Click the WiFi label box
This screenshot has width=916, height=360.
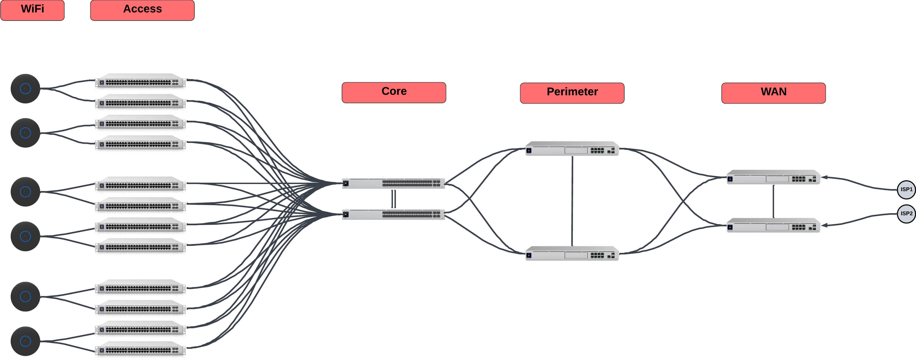coord(32,10)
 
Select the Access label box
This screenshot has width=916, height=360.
coord(142,10)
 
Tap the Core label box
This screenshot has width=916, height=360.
coord(394,92)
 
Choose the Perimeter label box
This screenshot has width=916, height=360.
coord(572,93)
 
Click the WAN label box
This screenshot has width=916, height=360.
coord(774,93)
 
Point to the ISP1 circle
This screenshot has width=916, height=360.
coord(906,190)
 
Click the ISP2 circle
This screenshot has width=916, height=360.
coord(906,213)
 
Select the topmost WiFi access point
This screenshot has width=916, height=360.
coord(25,89)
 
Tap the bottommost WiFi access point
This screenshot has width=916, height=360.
coord(25,341)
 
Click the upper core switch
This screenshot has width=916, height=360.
coord(393,183)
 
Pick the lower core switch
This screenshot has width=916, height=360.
coord(393,214)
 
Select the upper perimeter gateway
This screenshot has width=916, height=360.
coord(572,149)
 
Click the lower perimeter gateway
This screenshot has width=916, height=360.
coord(572,254)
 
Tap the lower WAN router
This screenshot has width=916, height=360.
coord(774,226)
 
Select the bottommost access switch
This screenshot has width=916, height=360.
coord(140,350)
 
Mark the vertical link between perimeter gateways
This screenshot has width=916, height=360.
coord(572,201)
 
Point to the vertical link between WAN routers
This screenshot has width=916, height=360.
coord(774,201)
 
